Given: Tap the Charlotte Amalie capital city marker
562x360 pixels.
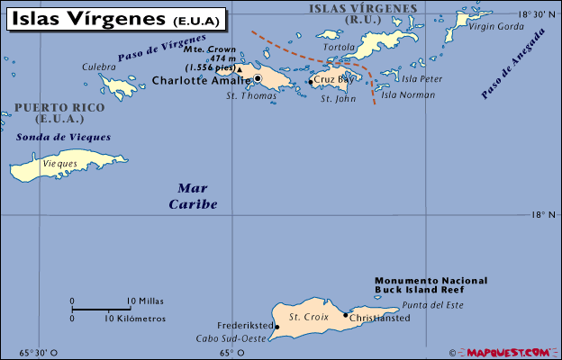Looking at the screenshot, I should click(258, 79).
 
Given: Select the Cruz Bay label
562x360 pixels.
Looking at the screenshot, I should click(331, 80).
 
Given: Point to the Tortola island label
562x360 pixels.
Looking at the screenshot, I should click(340, 47).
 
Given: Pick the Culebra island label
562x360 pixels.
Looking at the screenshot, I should click(99, 67).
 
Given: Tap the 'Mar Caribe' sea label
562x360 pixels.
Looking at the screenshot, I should click(193, 196).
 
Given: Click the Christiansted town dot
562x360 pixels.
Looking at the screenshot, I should click(346, 315).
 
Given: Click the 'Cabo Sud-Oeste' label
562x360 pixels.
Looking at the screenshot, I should click(231, 338).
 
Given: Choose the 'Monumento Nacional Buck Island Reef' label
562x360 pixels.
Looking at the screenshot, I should click(431, 285).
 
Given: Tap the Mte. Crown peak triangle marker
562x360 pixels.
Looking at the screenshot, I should click(240, 67).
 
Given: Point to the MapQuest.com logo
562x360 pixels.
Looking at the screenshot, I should click(509, 352).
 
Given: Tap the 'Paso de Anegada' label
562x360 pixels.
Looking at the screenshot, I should click(513, 63).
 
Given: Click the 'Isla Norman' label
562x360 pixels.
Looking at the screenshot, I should click(402, 94).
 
